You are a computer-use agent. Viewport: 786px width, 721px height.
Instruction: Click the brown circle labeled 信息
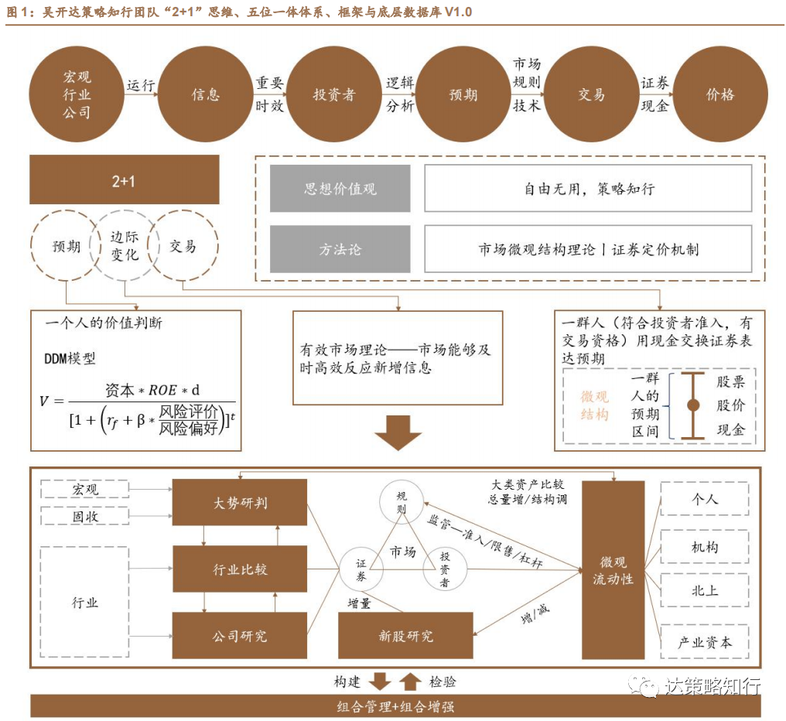coord(206,95)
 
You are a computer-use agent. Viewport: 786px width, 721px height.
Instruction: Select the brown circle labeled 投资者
coord(334,95)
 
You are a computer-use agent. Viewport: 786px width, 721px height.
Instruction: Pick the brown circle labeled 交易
coord(591,95)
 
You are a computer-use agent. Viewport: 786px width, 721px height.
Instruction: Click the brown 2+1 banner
coord(124,180)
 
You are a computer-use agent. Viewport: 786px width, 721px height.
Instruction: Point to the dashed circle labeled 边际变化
coord(124,246)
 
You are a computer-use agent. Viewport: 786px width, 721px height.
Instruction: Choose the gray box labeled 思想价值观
coord(340,189)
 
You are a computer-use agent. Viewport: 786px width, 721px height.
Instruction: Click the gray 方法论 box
coord(340,249)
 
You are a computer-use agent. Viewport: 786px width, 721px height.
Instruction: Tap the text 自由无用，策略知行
coord(588,189)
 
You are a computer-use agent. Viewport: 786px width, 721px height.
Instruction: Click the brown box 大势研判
coord(240,504)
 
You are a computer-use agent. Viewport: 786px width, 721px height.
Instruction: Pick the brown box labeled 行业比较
coord(240,570)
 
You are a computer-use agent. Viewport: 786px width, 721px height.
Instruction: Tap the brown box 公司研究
coord(240,636)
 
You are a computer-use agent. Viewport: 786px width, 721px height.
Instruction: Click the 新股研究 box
coord(405,636)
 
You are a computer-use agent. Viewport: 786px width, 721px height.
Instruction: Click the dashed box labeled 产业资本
coord(704,641)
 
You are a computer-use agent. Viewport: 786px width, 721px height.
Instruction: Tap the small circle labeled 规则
coord(401,504)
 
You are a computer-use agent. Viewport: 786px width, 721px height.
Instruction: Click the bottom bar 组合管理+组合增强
coord(395,706)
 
